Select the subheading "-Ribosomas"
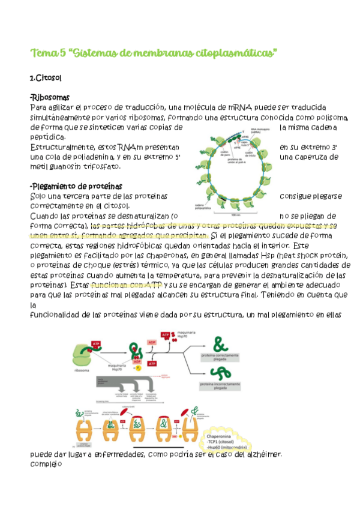point(50,97)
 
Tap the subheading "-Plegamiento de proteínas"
point(76,185)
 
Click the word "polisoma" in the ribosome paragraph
point(329,118)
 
